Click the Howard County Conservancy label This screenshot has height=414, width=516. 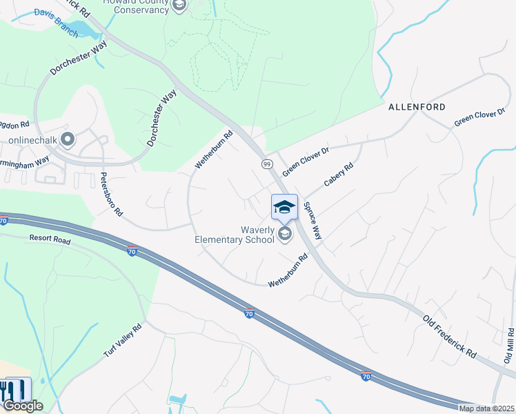135,6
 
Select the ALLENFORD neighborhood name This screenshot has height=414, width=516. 417,107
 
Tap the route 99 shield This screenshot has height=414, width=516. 266,164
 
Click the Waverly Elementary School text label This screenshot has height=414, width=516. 237,235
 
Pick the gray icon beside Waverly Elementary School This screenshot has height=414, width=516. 284,235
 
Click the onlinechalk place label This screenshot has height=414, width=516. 31,140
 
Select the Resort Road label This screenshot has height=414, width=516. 50,239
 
